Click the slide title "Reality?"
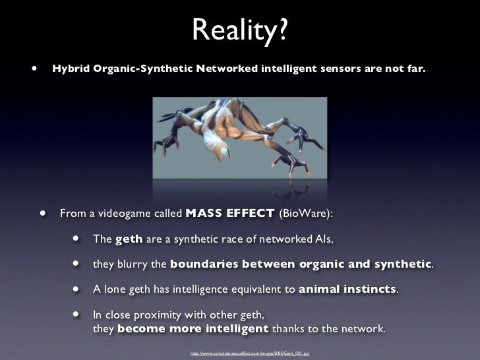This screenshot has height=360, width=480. tap(240, 28)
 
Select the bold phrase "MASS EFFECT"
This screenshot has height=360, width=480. tap(230, 214)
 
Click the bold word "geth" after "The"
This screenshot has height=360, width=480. tap(129, 239)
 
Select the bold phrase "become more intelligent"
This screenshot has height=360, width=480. tap(193, 328)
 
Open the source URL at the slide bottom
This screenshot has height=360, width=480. tap(249, 354)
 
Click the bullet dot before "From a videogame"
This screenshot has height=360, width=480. tap(43, 214)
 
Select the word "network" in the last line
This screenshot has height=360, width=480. tap(363, 328)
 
